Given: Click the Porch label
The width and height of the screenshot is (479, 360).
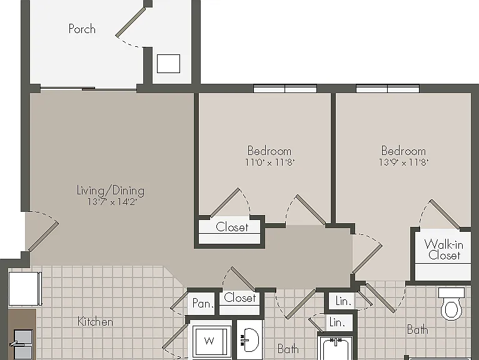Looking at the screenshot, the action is pyautogui.click(x=82, y=29).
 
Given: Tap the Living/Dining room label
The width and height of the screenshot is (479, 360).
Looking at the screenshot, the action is pyautogui.click(x=110, y=191).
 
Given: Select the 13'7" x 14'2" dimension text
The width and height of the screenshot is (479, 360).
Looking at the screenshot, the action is pyautogui.click(x=111, y=202).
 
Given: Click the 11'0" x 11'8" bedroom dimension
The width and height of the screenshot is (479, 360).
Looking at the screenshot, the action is pyautogui.click(x=270, y=162).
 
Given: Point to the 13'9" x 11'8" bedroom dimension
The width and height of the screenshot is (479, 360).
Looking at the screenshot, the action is pyautogui.click(x=403, y=162).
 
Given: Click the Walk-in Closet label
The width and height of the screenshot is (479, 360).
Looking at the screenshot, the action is pyautogui.click(x=444, y=249).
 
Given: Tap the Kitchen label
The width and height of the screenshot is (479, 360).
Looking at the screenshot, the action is pyautogui.click(x=95, y=321).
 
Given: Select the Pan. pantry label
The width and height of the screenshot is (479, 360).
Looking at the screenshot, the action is pyautogui.click(x=203, y=303).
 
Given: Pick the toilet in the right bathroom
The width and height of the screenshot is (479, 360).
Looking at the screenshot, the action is pyautogui.click(x=451, y=304).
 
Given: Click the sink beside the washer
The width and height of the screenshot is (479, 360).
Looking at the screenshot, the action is pyautogui.click(x=250, y=340).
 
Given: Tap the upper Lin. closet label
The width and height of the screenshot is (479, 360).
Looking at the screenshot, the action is pyautogui.click(x=343, y=301).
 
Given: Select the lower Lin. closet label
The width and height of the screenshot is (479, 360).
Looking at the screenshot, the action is pyautogui.click(x=337, y=322).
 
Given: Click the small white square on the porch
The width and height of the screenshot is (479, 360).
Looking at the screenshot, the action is pyautogui.click(x=168, y=64).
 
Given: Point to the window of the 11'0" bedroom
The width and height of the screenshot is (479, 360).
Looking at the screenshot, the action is pyautogui.click(x=285, y=89).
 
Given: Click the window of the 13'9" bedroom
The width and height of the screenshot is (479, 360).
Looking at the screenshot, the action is pyautogui.click(x=388, y=89).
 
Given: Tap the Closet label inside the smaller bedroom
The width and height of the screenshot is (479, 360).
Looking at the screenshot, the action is pyautogui.click(x=232, y=227).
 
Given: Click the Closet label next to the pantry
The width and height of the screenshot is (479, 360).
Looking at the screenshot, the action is pyautogui.click(x=239, y=297).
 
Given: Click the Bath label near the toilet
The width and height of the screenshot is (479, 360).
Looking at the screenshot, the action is pyautogui.click(x=417, y=330).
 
